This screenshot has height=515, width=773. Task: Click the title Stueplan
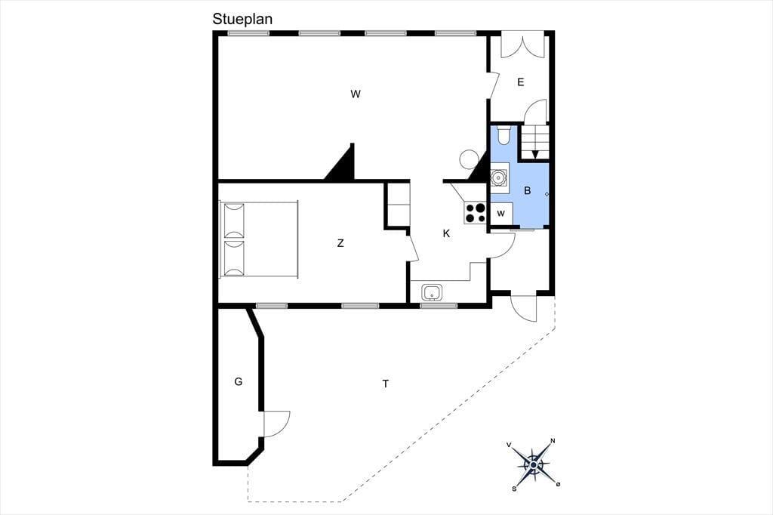point(242,19)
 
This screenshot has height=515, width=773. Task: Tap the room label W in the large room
point(356,94)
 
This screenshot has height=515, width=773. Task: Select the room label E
point(521,82)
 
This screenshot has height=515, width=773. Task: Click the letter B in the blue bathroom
point(528,190)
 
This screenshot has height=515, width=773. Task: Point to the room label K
point(447,233)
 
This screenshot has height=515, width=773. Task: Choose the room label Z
point(340,242)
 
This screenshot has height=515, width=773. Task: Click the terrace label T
point(386,384)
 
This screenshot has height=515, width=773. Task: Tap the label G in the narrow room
point(238,381)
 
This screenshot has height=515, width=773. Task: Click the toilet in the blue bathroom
point(504,135)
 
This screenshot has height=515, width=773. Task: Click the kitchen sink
point(433,292)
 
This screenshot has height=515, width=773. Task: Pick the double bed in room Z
point(259,239)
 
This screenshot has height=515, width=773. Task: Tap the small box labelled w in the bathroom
point(501,214)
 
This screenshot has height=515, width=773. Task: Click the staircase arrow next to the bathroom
point(535,154)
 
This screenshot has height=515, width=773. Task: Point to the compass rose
point(534,464)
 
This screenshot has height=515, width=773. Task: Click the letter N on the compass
point(553,440)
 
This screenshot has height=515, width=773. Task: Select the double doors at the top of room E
point(522,45)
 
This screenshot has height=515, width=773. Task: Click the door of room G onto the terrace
point(276,424)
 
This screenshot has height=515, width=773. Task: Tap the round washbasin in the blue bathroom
point(500,176)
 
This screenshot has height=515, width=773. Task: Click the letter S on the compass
point(514,489)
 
